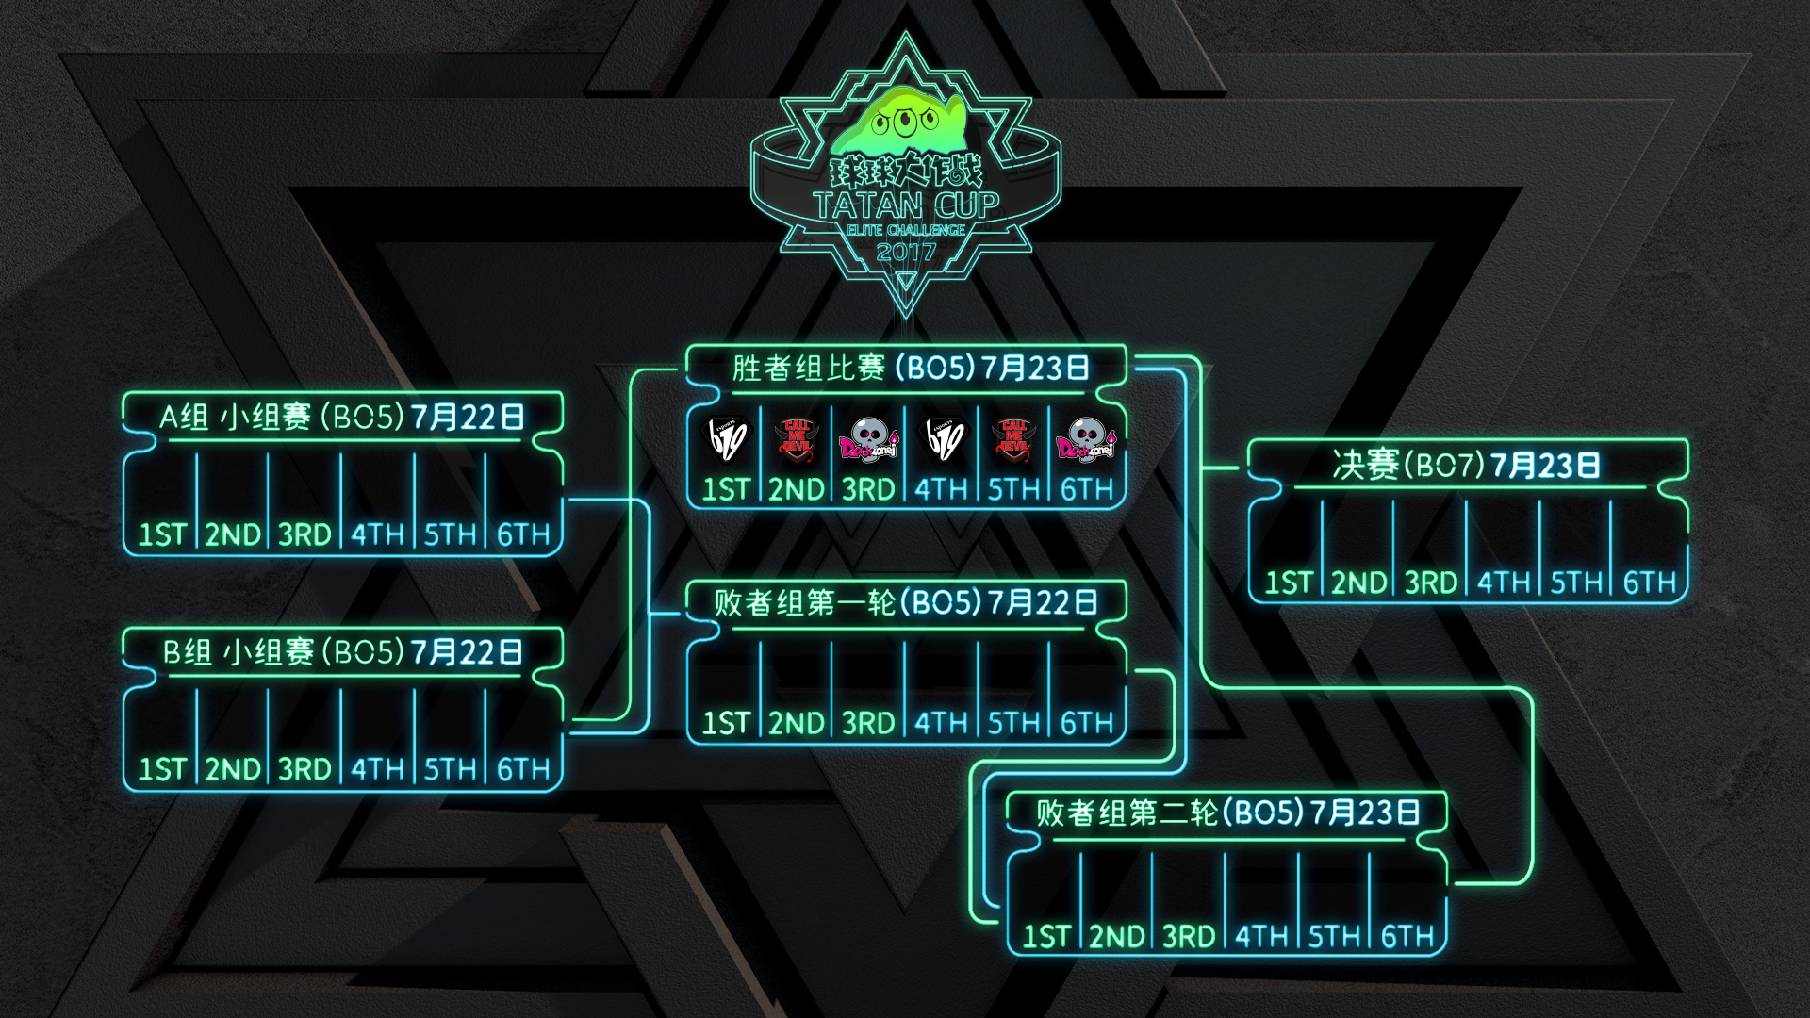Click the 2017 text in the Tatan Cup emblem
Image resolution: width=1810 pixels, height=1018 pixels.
click(x=906, y=252)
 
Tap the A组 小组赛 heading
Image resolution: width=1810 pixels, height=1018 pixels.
click(x=342, y=417)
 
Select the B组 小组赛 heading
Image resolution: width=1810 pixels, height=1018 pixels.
click(x=342, y=651)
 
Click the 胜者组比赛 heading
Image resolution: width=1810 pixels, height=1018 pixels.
click(x=911, y=368)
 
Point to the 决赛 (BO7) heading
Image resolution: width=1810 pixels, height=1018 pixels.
click(x=1466, y=465)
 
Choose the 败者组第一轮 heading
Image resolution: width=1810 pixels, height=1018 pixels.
click(x=905, y=602)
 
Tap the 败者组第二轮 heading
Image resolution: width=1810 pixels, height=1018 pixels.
click(x=1227, y=813)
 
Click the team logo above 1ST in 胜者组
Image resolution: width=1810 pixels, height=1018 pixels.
click(x=727, y=439)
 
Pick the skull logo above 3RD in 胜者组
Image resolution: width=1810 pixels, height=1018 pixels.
click(x=868, y=439)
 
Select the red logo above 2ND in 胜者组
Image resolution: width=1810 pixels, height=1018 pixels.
click(x=798, y=439)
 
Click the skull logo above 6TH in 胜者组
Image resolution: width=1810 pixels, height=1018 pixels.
click(x=1086, y=439)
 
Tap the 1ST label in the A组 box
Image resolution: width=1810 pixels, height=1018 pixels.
click(x=162, y=534)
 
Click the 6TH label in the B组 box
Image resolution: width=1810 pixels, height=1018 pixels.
click(x=523, y=769)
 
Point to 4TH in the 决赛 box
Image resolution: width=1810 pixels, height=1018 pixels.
click(x=1504, y=583)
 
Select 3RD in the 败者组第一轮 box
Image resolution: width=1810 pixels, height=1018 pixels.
click(x=868, y=723)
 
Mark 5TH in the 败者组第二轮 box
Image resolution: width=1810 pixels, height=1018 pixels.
click(x=1334, y=936)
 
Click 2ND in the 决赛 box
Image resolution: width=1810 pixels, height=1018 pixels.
click(x=1358, y=583)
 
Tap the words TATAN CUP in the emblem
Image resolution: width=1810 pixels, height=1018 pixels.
click(x=906, y=205)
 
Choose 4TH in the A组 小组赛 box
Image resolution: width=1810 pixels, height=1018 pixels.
click(x=377, y=534)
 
